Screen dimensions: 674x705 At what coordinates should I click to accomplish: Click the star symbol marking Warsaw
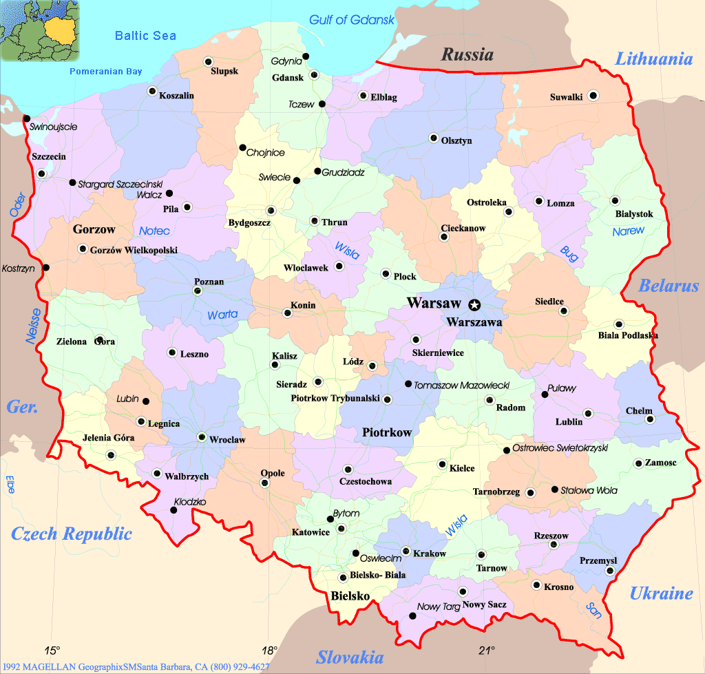tap(474, 304)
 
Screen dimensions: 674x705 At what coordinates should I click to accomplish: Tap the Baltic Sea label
tap(145, 36)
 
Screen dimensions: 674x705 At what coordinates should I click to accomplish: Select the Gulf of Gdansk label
tap(352, 19)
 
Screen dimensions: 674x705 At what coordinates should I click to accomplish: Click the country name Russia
tap(467, 54)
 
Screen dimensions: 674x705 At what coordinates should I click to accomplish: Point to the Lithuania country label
tap(653, 59)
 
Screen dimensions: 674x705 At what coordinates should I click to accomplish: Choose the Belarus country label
tap(669, 286)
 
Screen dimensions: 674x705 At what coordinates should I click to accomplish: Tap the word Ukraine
tap(661, 593)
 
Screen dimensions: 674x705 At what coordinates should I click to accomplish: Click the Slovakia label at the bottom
tap(349, 657)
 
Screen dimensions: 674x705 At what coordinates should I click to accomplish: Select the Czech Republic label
tap(71, 533)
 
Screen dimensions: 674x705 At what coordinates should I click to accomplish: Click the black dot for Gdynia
tap(306, 56)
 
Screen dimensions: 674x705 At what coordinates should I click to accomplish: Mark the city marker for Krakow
tap(406, 551)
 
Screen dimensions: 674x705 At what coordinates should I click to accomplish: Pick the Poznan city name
tap(209, 282)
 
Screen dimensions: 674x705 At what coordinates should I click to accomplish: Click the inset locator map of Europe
tap(40, 29)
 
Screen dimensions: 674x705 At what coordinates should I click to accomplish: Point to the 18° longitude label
tap(270, 650)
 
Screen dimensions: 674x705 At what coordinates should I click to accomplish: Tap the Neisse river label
tap(33, 326)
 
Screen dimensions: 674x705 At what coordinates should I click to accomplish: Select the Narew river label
tap(628, 231)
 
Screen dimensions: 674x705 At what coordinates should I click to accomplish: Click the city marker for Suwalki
tap(593, 96)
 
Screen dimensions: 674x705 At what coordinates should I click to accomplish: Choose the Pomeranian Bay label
tap(106, 71)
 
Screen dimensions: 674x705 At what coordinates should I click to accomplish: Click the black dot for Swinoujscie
tap(27, 118)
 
